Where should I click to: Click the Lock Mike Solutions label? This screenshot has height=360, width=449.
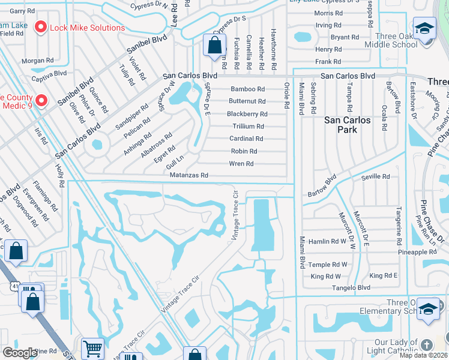click(x=88, y=28)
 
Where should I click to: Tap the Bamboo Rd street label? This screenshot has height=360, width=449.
click(x=247, y=89)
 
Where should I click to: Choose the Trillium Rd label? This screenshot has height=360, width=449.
click(x=248, y=127)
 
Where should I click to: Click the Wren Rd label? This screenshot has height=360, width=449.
click(x=241, y=164)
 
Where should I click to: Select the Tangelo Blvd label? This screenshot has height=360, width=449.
click(x=352, y=288)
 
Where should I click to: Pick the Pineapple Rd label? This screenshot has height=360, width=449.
click(x=417, y=252)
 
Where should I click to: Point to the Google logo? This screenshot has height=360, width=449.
click(x=20, y=352)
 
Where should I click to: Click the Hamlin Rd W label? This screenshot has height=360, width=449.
click(x=327, y=241)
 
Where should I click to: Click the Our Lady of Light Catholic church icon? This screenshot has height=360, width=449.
click(x=426, y=344)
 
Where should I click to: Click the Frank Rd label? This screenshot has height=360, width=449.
click(x=328, y=62)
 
